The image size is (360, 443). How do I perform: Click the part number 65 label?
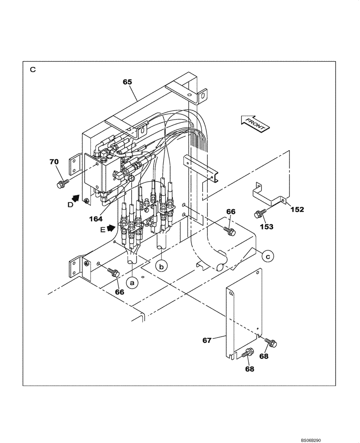(127, 82)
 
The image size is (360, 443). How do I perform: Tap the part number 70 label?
(54, 162)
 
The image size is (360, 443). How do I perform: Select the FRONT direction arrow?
(254, 123)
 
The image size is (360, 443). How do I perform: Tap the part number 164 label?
(96, 218)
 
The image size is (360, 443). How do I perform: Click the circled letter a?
(132, 281)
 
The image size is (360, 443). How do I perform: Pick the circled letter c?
(267, 255)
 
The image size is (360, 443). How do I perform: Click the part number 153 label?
(266, 226)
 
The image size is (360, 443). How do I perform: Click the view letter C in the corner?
(32, 70)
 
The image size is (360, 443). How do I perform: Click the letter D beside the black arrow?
(70, 205)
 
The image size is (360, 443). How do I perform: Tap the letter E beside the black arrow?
(103, 230)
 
